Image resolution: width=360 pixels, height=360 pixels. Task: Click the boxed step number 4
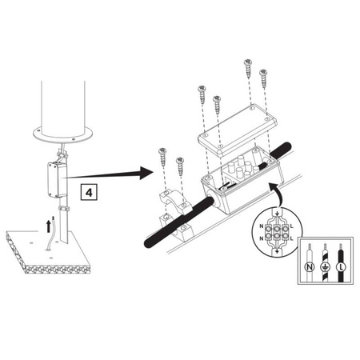[89, 192]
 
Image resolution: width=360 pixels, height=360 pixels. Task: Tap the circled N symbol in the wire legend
[310, 266]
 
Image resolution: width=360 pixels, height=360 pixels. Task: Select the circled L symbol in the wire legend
[341, 266]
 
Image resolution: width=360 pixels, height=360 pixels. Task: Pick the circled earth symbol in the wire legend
[326, 266]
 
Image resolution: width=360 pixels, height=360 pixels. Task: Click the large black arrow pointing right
[110, 174]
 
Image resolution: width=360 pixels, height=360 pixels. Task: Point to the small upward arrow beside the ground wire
[48, 226]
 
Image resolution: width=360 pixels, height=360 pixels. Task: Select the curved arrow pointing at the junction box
[275, 194]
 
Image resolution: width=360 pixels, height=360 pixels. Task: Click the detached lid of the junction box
[238, 130]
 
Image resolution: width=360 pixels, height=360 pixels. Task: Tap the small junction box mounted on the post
[57, 180]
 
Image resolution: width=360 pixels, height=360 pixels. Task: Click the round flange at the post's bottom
[63, 135]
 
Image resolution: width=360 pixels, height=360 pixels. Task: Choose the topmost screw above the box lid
[248, 69]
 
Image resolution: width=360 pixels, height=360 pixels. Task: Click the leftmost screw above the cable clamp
[162, 157]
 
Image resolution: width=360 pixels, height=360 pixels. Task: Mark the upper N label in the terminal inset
[262, 226]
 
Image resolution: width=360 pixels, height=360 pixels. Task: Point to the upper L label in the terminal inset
[291, 226]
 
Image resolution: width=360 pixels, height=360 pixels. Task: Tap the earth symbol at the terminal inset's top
[278, 213]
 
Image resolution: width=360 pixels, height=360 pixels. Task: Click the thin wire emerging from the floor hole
[51, 234]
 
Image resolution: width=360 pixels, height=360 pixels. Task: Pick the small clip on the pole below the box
[64, 208]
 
